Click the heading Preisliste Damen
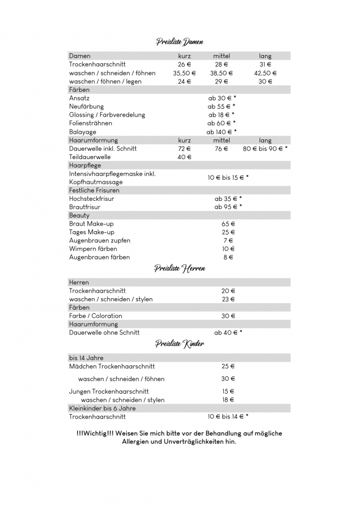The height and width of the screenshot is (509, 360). pos(180,42)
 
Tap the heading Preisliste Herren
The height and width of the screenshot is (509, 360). pos(180,268)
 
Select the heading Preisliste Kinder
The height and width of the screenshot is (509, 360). pos(180,343)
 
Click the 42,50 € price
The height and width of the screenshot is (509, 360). pos(265,73)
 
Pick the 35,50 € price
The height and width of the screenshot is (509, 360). pos(184,73)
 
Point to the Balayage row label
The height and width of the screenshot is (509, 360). pos(83,132)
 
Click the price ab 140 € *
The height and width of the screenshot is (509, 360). pos(222,132)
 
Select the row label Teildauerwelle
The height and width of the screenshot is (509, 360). pos(90,157)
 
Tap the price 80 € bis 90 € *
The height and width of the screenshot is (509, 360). pos(265,149)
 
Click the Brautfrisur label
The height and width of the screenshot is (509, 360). pos(85,207)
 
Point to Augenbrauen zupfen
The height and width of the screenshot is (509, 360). pos(99,241)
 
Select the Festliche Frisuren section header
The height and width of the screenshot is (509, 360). pos(94,190)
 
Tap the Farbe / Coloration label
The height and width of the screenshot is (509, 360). pos(95,316)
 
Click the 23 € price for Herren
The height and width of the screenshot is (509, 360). pos(228,299)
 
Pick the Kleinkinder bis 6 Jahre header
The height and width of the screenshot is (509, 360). pos(102,408)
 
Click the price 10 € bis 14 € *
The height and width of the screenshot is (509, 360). pos(228,417)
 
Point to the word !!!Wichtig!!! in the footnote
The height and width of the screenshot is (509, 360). pos(95,433)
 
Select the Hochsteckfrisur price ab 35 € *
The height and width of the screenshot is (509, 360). pos(228,198)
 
